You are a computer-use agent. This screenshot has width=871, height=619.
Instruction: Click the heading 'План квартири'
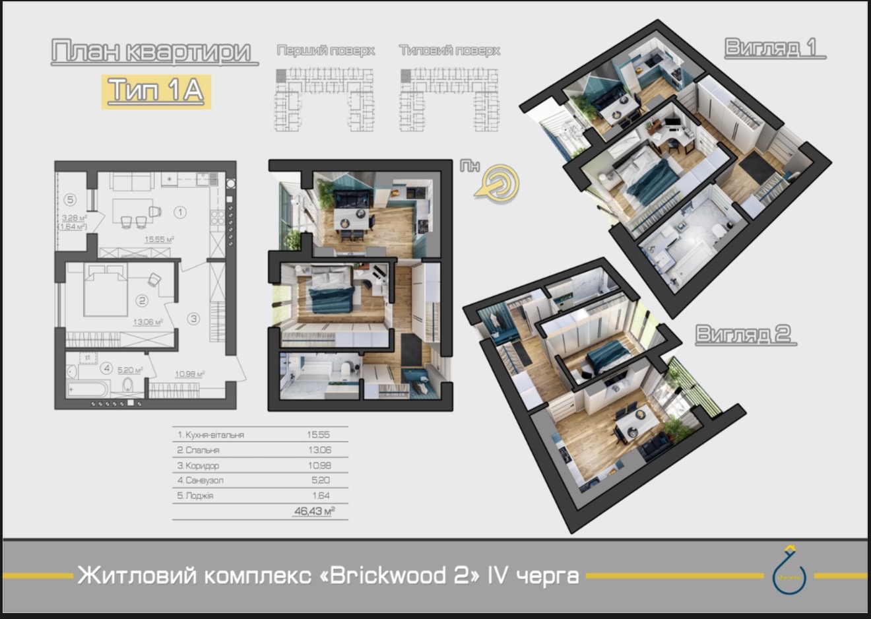pos(153,53)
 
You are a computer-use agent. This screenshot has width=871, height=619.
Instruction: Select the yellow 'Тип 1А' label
pos(156,91)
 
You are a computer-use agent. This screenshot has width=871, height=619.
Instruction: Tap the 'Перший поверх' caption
pos(325,51)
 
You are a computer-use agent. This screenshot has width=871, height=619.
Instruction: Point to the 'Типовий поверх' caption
pos(449,51)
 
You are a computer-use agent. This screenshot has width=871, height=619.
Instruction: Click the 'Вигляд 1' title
pos(773,48)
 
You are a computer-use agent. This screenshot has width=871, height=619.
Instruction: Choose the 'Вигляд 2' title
pos(745,335)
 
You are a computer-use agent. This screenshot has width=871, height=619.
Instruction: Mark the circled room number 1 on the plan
pos(179,212)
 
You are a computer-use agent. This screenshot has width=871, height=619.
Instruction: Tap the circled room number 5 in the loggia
pos(71,199)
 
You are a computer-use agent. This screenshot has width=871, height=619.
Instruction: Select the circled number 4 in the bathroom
pos(106,370)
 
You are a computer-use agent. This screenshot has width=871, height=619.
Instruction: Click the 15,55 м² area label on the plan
pos(159,240)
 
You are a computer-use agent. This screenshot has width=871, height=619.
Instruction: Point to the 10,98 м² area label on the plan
pos(189,374)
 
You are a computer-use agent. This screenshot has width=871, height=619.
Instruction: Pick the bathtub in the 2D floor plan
pos(89,387)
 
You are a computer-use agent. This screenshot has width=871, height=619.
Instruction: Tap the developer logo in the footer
pos(790,571)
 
